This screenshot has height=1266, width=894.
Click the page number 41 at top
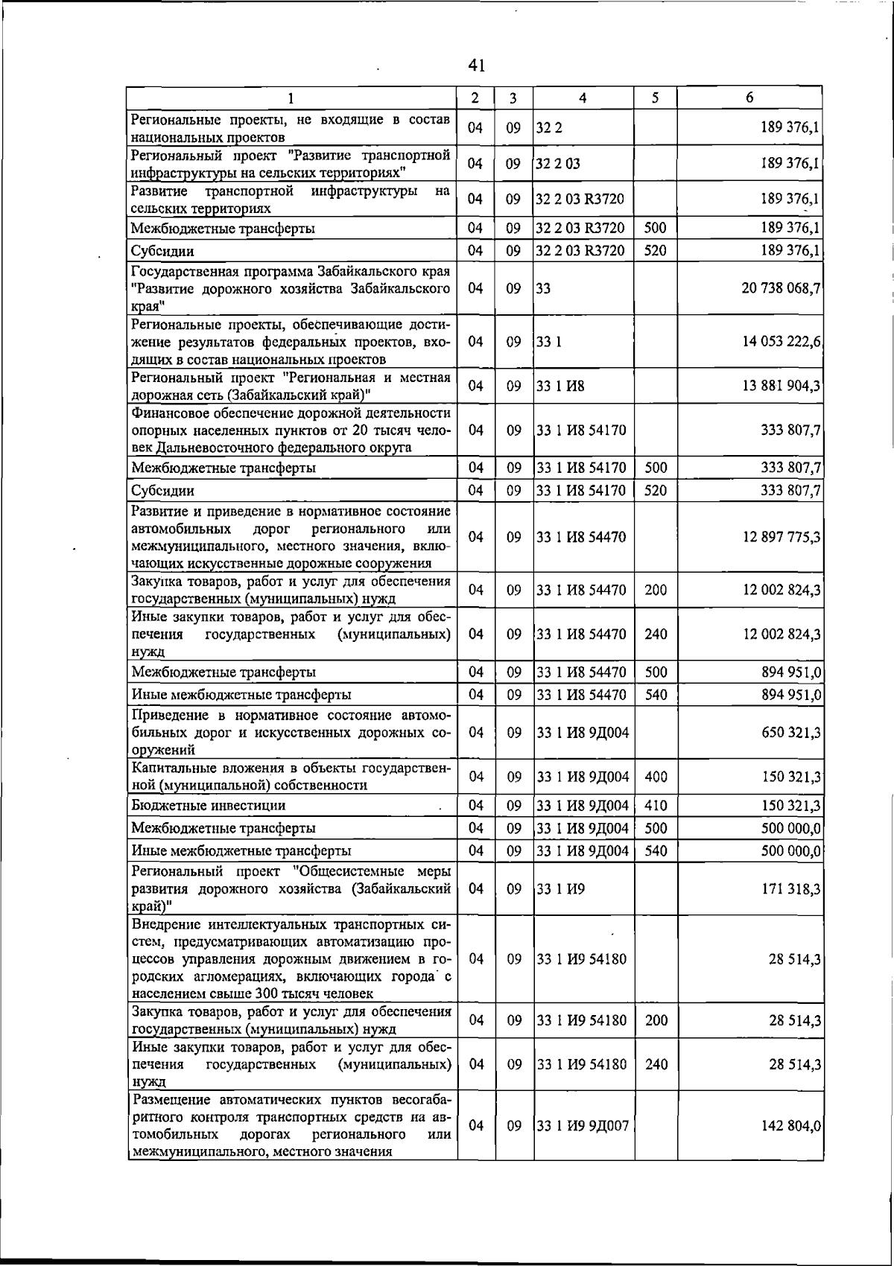click(x=477, y=66)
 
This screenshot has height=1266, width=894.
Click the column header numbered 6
click(x=749, y=98)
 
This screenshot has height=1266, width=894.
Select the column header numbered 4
click(x=583, y=98)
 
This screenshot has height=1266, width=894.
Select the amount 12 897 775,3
click(x=781, y=537)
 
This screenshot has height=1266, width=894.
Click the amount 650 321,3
click(x=790, y=733)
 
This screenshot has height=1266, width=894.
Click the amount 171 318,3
click(x=790, y=889)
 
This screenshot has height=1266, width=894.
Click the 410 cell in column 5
click(x=656, y=806)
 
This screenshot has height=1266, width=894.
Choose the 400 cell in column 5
click(x=656, y=777)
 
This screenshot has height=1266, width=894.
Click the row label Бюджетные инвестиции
click(x=209, y=806)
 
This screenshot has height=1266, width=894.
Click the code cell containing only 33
click(x=544, y=288)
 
